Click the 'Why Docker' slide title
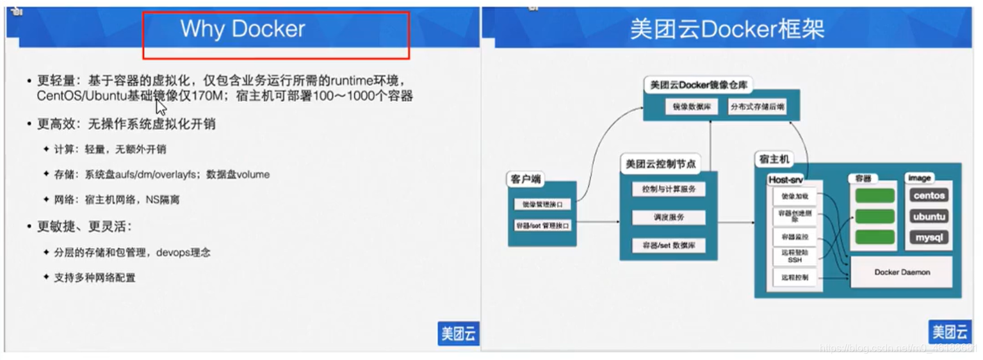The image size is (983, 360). coord(243,29)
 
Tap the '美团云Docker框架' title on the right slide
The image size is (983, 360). coord(727,29)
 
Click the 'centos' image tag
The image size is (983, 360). coord(929,195)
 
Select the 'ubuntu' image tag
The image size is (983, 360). coord(929,217)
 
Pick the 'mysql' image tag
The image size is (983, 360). coord(929,238)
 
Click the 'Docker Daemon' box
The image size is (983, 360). coord(902,272)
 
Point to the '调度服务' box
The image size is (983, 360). coord(669,217)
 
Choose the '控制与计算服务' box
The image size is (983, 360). coord(669,189)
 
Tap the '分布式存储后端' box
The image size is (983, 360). coord(757,107)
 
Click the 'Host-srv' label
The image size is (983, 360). coord(785,180)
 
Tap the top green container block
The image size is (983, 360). coord(875,195)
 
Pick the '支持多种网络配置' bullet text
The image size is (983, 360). coord(95,277)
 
